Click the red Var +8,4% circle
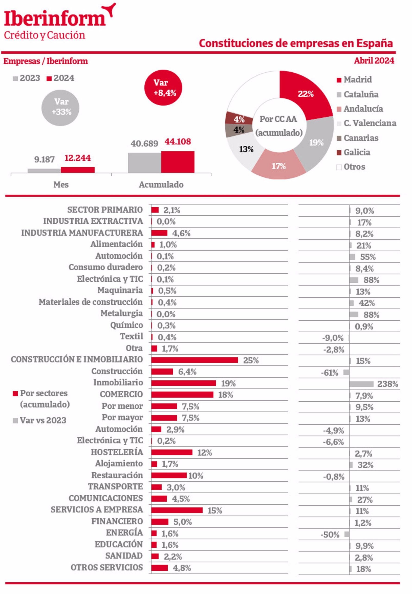(163, 87)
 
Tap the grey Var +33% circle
(60, 108)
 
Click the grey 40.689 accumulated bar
(144, 163)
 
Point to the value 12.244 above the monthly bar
(77, 158)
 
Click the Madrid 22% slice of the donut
(306, 94)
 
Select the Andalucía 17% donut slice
(279, 166)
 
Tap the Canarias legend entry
(361, 138)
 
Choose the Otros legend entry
(354, 167)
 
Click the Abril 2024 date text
(374, 61)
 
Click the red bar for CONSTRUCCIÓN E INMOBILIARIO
(194, 360)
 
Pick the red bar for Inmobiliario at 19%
(184, 383)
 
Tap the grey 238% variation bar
(361, 384)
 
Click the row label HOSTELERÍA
(117, 452)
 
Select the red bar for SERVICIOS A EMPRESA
(177, 510)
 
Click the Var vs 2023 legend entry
(43, 420)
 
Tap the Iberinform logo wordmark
(55, 19)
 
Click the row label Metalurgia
(122, 313)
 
